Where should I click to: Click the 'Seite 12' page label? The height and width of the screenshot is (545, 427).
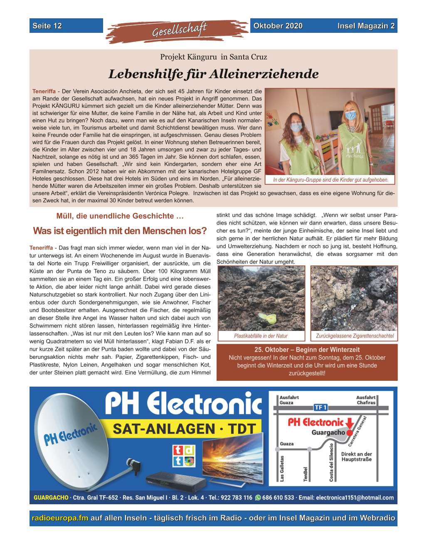pos(47,26)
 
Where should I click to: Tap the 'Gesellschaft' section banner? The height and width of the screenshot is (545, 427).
pos(179,30)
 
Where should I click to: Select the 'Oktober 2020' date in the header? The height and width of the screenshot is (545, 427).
pos(278,26)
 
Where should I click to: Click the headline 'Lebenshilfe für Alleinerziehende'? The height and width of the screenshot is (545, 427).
pos(213,74)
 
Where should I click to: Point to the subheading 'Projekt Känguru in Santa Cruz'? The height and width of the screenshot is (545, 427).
pos(213,57)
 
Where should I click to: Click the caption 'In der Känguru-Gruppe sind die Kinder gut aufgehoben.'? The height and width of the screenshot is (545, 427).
pos(331,180)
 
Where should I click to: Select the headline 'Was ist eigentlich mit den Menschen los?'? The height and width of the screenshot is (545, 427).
pos(119,231)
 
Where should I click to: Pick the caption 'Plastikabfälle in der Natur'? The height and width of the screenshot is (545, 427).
pos(261,336)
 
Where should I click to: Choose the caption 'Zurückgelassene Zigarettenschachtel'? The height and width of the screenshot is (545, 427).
pos(355,336)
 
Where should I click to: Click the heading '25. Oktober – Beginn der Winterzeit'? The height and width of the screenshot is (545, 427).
pos(307,350)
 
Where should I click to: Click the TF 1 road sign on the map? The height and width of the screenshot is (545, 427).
pos(320,408)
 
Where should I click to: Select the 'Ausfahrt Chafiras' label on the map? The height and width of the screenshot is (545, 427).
pos(366,400)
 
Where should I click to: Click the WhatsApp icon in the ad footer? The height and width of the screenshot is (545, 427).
pos(258,498)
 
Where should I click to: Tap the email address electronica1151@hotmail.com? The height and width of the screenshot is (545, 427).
pos(354,498)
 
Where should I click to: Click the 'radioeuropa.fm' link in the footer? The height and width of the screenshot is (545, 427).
pos(60,518)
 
